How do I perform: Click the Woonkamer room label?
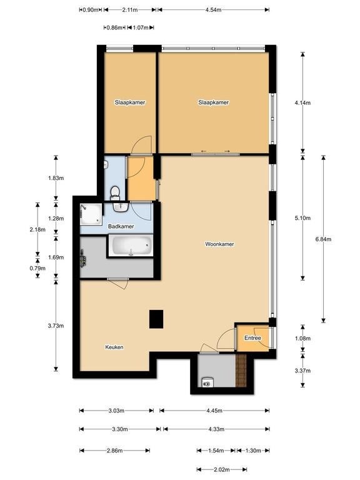tap(219, 244)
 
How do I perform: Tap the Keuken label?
tap(114, 347)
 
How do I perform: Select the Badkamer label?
tap(121, 226)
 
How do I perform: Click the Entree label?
tap(252, 338)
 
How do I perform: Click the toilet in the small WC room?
tap(115, 193)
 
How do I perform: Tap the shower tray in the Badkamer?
tap(91, 214)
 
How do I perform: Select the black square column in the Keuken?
tap(156, 319)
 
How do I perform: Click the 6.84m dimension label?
tap(323, 239)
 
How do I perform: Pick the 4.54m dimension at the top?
tap(213, 9)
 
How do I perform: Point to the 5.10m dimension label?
tap(302, 218)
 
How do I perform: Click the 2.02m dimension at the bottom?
tap(222, 469)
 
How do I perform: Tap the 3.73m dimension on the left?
tap(56, 326)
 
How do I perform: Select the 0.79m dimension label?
tap(37, 269)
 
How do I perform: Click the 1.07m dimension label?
tap(141, 27)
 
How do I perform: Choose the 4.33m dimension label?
tap(216, 429)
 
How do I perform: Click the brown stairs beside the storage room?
tap(241, 371)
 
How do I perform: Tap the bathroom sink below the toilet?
tap(121, 207)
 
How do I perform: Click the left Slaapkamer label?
tap(130, 102)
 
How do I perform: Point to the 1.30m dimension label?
tap(253, 451)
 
